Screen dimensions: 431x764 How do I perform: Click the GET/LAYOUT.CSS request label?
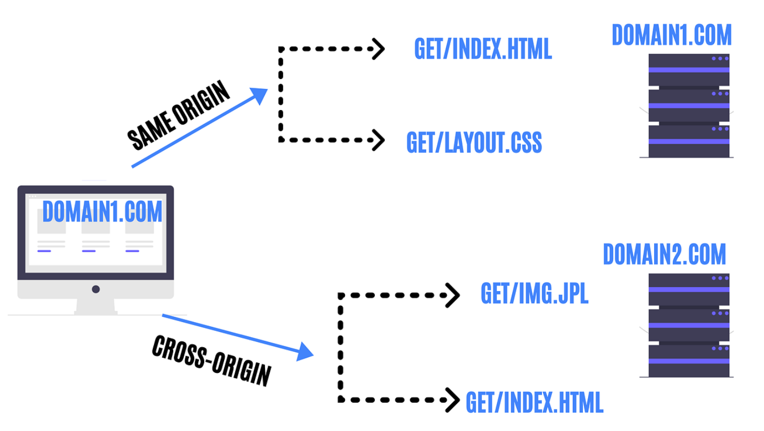(x=474, y=142)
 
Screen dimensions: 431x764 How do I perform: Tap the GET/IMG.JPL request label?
(x=534, y=294)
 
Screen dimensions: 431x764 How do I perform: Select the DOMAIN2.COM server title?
(x=664, y=255)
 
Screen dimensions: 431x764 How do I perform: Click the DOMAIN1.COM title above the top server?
(x=671, y=36)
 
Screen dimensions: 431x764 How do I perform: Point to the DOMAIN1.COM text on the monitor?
(x=102, y=212)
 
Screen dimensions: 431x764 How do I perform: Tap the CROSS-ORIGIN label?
(x=212, y=361)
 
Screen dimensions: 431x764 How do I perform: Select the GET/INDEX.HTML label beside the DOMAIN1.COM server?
(x=482, y=49)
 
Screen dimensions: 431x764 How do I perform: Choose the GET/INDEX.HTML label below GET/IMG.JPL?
(x=534, y=402)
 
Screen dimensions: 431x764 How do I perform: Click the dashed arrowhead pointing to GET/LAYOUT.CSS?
(x=378, y=140)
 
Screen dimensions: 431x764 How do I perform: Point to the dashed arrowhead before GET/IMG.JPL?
(x=453, y=295)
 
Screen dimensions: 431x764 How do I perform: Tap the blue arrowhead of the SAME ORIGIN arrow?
(x=259, y=96)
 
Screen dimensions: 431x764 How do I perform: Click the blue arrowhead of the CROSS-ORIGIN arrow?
(x=304, y=352)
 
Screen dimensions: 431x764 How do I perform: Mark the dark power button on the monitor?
(x=96, y=289)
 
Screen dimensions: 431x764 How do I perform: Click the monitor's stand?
(x=96, y=306)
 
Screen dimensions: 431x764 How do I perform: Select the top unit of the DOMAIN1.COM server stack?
(x=689, y=70)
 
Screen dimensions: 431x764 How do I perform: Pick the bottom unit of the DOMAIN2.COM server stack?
(x=689, y=361)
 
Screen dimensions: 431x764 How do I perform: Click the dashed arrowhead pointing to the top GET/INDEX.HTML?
(x=378, y=49)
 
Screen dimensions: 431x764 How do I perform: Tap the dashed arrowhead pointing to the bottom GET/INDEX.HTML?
(x=453, y=400)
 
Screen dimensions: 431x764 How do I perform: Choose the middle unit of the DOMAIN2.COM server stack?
(x=689, y=325)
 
